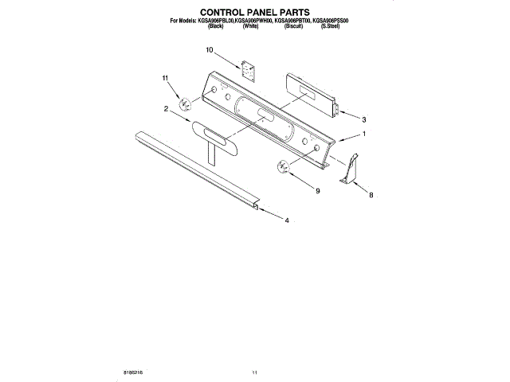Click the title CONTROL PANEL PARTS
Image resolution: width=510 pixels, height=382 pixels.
[x=254, y=12]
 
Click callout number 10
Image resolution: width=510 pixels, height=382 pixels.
[x=210, y=51]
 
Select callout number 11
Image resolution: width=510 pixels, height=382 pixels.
[x=166, y=78]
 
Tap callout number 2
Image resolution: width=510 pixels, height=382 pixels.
[x=166, y=108]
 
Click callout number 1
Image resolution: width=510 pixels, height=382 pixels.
[x=364, y=134]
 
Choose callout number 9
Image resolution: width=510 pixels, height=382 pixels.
[x=316, y=191]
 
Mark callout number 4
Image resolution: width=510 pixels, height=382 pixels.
[x=287, y=220]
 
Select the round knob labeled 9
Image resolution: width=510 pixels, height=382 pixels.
[x=283, y=166]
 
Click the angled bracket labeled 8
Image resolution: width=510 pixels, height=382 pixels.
[x=347, y=171]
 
